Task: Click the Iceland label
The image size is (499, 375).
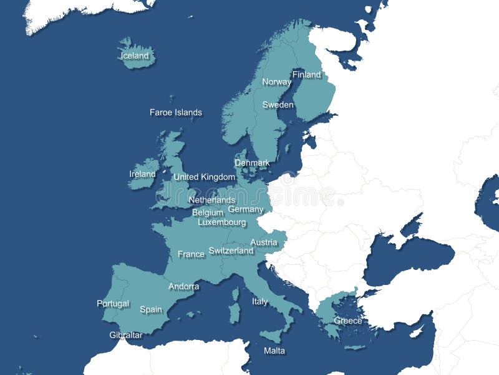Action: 135,56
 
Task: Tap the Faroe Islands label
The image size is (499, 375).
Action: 176,112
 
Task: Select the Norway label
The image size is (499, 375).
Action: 276,82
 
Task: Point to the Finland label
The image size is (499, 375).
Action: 307,75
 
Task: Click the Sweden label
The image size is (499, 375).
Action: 278,105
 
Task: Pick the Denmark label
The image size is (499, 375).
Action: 252,163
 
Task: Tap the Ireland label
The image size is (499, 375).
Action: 142,174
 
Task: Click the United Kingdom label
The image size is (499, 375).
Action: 204,177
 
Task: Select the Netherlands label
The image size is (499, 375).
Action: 212,200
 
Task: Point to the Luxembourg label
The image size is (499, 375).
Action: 222,222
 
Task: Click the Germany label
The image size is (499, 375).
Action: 246,209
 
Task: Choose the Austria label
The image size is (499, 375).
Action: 264,242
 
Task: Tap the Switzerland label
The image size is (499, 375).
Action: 231,251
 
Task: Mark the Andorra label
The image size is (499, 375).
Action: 184,287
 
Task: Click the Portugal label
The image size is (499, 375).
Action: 113,304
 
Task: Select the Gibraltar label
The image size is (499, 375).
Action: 126,335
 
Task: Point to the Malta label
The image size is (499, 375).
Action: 274,351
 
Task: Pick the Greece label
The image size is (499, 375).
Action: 348,321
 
